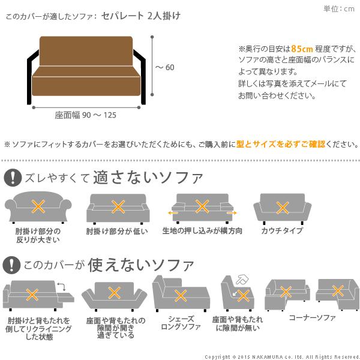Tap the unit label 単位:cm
coord(339,8)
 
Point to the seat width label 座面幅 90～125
coord(86,115)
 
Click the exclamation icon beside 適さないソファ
coord(12,177)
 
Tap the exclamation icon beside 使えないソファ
coord(12,264)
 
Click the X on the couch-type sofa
coord(281,207)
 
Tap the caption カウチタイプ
coord(281,230)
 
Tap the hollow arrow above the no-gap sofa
coord(242,280)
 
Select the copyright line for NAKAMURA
coord(281,356)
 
